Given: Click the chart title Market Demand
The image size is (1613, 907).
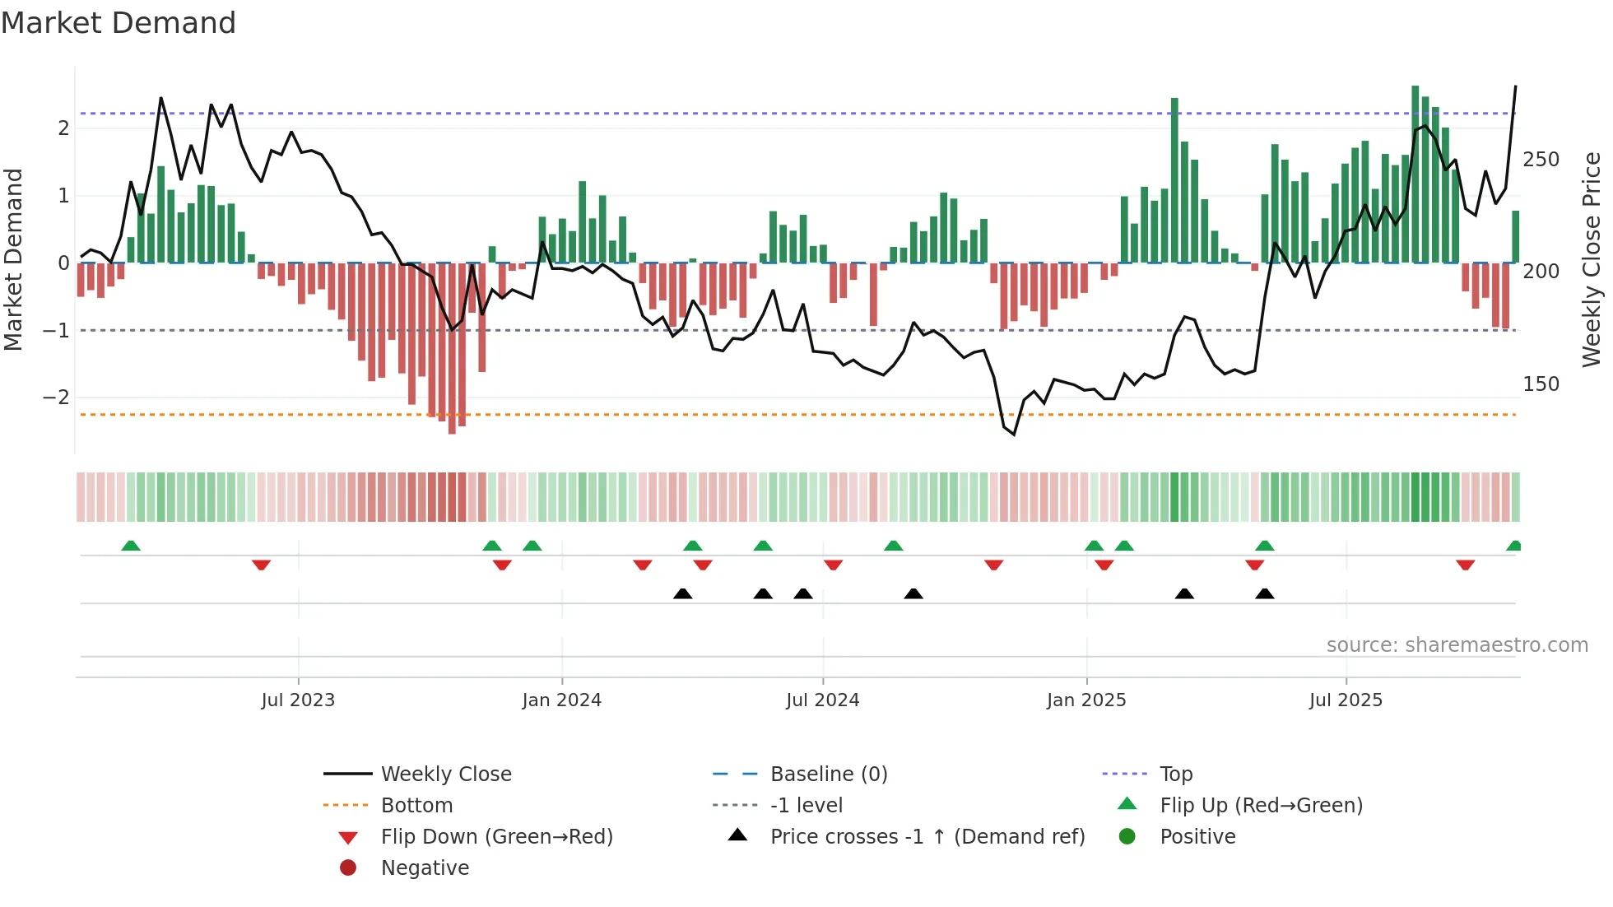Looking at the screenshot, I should pos(119,23).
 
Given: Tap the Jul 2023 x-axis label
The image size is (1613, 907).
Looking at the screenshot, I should pos(298,700).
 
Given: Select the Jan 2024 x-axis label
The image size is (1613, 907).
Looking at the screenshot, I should pos(562,700).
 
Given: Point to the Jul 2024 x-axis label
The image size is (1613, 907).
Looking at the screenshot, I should pos(823,700).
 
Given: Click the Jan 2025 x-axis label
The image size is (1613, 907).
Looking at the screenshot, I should pos(1086,700).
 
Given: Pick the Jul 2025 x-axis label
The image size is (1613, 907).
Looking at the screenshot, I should pos(1346,700).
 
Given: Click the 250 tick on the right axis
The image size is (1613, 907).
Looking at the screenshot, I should pos(1541,160).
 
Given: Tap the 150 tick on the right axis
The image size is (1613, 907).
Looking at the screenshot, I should pos(1541,384).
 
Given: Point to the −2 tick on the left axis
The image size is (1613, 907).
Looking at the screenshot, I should pos(57,398).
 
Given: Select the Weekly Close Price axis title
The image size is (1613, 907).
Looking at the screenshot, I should pos(1592,259).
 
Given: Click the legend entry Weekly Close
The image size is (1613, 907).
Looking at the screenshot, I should pos(446,774).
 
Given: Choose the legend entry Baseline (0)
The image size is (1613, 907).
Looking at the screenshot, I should pos(829,774).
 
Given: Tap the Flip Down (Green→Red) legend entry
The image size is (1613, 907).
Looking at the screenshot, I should pos(497,837).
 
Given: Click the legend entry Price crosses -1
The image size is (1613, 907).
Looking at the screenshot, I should pos(927,837).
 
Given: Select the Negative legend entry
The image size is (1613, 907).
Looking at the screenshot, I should pos(425,868).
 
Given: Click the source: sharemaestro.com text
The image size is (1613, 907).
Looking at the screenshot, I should pos(1457,645).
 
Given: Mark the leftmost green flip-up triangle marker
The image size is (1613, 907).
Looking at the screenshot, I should pos(131,546).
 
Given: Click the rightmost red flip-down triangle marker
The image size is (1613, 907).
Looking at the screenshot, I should pos(1465,565).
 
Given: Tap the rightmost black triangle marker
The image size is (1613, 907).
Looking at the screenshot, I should pos(1265,593).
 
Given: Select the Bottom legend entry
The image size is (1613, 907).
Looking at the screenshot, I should pos(416,806).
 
